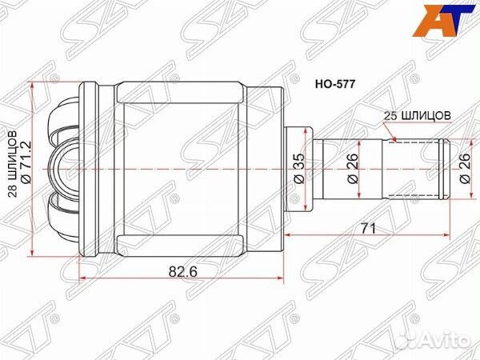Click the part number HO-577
click(337, 82)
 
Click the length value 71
click(367, 229)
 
